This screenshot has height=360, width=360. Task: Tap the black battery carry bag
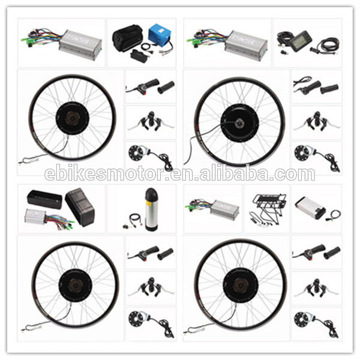click(127, 38)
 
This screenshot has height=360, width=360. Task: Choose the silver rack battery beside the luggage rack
click(310, 208)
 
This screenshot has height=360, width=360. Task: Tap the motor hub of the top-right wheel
click(239, 121)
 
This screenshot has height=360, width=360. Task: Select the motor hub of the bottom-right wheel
click(239, 284)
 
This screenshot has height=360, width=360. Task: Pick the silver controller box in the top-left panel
click(80, 45)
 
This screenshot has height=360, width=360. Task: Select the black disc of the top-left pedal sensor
click(136, 152)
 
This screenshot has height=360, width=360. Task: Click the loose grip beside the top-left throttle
click(166, 87)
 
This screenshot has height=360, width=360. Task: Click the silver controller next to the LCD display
click(245, 46)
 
